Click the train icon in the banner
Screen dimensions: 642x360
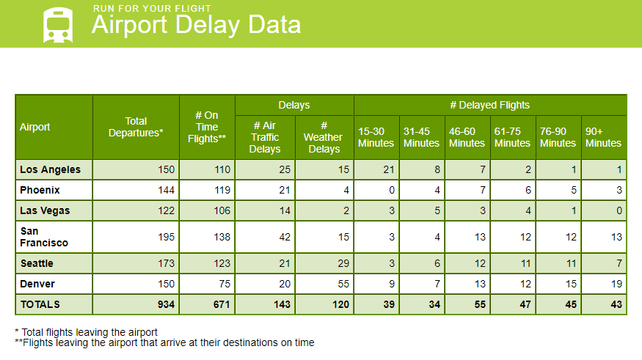coord(58,25)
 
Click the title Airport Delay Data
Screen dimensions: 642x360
coord(196,24)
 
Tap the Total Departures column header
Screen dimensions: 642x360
coord(136,127)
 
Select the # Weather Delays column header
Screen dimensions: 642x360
coord(324,137)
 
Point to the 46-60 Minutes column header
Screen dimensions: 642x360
coord(467,137)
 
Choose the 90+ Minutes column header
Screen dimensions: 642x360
coord(603,137)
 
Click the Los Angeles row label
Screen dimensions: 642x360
coord(51,169)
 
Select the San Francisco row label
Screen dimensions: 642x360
coord(44,237)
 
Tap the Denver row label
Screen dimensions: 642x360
coord(37,284)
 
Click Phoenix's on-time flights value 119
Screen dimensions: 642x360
coord(222,190)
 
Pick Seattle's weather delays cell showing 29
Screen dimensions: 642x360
coord(343,263)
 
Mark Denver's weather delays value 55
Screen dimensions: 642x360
coord(343,284)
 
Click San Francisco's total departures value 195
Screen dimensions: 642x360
coord(167,237)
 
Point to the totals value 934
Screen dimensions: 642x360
coord(166,304)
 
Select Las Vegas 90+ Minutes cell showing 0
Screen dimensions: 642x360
coord(619,210)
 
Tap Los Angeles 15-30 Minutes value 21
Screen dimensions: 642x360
coord(389,169)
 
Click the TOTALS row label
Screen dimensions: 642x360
coord(40,304)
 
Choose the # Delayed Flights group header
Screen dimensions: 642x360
coord(489,105)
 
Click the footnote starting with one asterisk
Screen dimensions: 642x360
coord(86,332)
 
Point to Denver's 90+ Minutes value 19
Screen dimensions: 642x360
coord(616,284)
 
